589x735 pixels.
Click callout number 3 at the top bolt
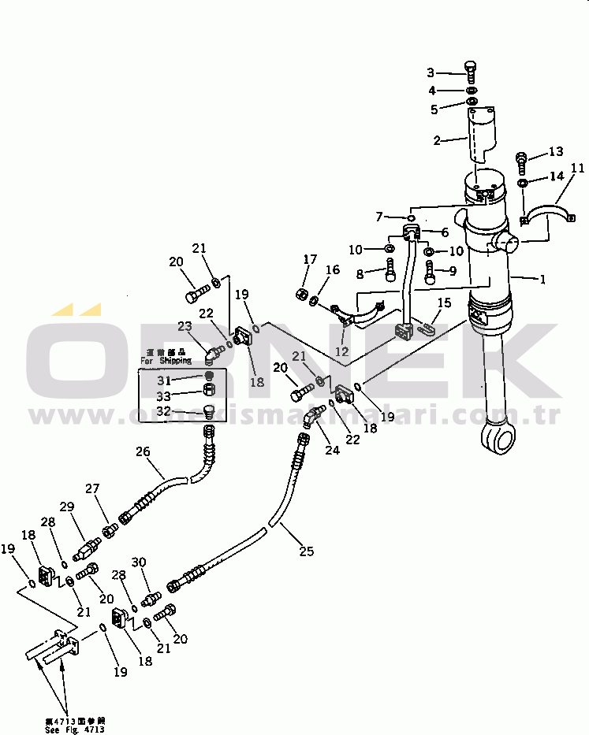pos(431,72)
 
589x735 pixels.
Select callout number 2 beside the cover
pos(437,141)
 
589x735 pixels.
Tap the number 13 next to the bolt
pos(556,151)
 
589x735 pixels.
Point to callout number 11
pos(577,168)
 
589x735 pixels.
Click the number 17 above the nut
pos(311,259)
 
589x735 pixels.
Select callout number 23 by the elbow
pos(184,326)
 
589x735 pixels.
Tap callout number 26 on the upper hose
pos(143,452)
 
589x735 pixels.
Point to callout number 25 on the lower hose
pos(307,551)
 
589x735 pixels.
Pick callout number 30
pos(139,562)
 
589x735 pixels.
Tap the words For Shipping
pos(166,361)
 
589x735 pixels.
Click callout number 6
pos(445,232)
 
